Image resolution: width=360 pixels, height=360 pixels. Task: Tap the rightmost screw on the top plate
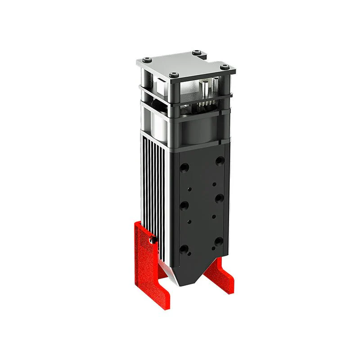pos(224,67)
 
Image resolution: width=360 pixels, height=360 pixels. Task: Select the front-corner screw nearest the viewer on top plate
pos(174,75)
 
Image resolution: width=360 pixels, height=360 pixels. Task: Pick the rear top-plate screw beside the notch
pos(196,52)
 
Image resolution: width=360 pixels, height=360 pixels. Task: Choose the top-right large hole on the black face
pos(219,160)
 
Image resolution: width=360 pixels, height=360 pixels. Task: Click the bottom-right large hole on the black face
pos(219,242)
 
